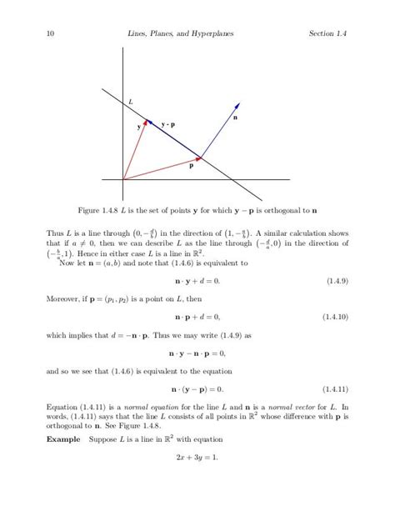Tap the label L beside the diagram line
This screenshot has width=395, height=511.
click(131, 101)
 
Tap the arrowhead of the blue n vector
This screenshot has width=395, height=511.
click(238, 104)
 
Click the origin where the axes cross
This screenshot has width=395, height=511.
click(123, 179)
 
